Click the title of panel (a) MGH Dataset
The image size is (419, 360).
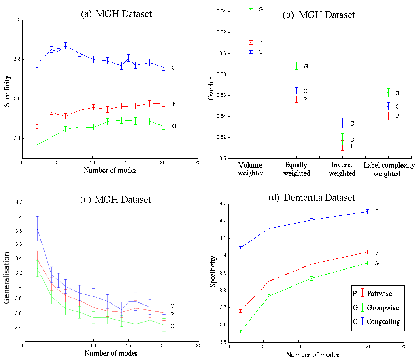[x=117, y=14]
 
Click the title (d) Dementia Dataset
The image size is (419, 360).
[x=311, y=198]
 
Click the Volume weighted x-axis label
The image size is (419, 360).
[x=251, y=169]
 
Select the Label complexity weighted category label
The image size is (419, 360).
[x=389, y=169]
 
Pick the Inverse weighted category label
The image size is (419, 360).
[x=342, y=169]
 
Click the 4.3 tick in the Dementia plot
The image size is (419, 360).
[x=222, y=204]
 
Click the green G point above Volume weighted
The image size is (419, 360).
[x=251, y=9]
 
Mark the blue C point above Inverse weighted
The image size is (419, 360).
[x=342, y=123]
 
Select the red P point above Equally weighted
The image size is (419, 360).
[x=297, y=99]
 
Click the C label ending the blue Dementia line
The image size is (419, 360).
[x=377, y=211]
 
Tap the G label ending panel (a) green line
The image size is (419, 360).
[x=174, y=126]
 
